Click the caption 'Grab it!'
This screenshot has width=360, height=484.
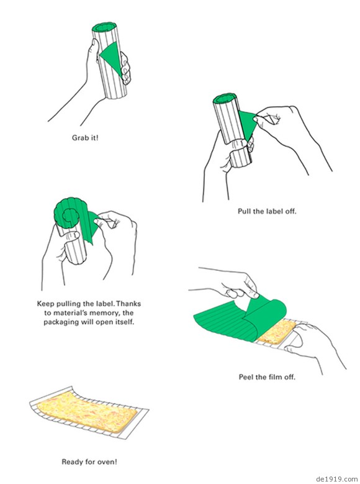click(x=85, y=138)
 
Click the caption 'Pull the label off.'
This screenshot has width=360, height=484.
click(x=267, y=211)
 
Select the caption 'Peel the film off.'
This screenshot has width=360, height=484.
click(x=267, y=377)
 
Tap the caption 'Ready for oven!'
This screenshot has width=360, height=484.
click(x=89, y=462)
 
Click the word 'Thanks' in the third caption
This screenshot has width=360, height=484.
click(x=128, y=304)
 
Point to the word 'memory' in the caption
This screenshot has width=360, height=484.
click(x=104, y=313)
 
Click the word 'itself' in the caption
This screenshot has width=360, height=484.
click(x=124, y=322)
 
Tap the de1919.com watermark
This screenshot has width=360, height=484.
click(x=336, y=480)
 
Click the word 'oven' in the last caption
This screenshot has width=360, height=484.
click(x=106, y=462)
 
